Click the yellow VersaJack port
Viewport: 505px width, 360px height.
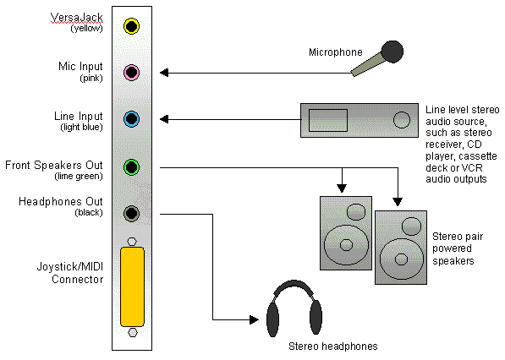pos(131,26)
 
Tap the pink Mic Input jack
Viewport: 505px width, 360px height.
pos(131,73)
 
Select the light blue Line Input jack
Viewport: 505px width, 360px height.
pos(131,119)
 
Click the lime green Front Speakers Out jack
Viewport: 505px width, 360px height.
pos(131,166)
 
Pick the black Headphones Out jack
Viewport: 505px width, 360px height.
pos(131,213)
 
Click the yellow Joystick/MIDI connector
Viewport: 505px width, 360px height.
pos(131,287)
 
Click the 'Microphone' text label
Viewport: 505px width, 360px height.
pos(336,52)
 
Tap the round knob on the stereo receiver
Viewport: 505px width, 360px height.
pos(400,121)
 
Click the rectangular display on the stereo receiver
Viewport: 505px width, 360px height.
pos(322,121)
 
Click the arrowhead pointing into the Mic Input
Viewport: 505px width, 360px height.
pos(164,73)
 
